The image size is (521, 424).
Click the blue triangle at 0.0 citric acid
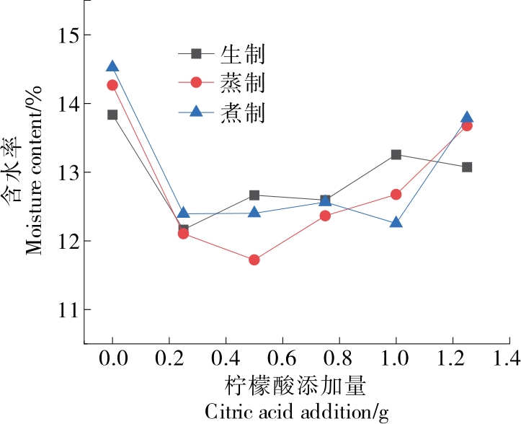coord(112,66)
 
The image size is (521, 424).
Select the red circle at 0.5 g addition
coord(254,260)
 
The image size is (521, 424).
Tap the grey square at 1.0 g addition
coord(396,154)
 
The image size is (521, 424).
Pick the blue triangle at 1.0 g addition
coord(396,222)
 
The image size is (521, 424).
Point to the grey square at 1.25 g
coord(467,167)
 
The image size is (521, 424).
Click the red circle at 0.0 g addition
coord(112,85)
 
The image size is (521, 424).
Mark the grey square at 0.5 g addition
coord(254,195)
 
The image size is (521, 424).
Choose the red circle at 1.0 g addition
coord(396,194)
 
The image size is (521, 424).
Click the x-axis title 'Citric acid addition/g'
coord(297,413)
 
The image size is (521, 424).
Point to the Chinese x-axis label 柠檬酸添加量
coord(297,387)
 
